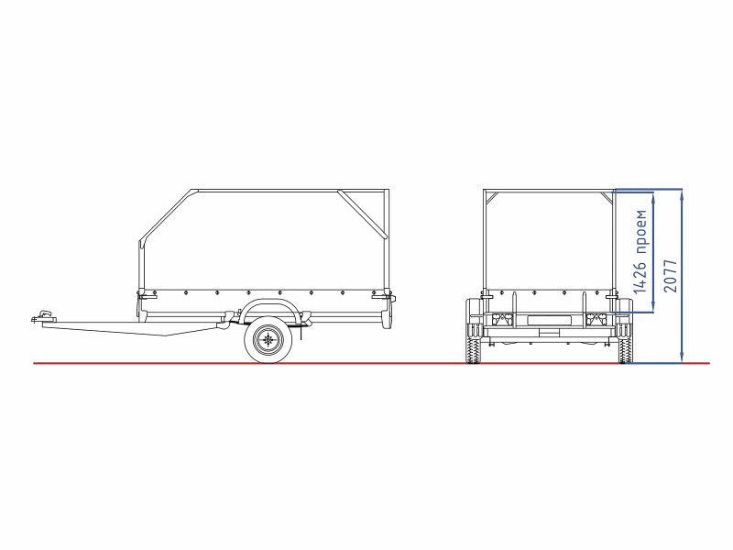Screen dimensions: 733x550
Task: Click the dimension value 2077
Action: click(671, 276)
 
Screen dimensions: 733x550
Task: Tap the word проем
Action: click(640, 232)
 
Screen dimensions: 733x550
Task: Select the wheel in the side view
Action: click(268, 339)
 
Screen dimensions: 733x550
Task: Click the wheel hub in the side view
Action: click(268, 339)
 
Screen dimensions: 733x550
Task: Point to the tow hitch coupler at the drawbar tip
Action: click(44, 315)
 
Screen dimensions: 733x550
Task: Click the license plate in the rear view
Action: click(549, 320)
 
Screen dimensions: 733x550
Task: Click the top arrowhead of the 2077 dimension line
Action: click(682, 194)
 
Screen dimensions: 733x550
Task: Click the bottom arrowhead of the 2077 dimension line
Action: click(682, 357)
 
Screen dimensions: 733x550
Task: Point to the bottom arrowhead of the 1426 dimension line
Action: click(652, 307)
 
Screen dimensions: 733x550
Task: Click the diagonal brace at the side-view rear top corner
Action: click(362, 214)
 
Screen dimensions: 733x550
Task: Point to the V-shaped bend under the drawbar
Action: click(167, 335)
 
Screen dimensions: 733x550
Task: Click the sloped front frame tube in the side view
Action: click(165, 215)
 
